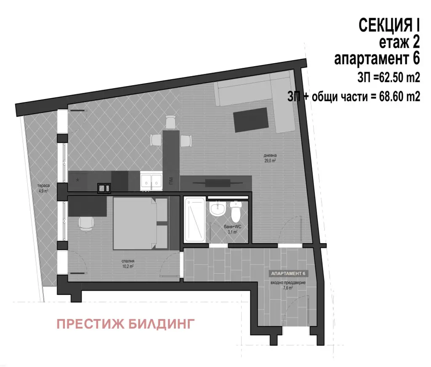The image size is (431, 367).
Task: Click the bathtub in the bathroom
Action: (195, 220)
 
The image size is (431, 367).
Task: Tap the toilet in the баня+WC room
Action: (236, 212)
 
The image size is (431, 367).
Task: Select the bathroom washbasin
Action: (218, 209)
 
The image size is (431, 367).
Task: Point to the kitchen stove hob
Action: (104, 188)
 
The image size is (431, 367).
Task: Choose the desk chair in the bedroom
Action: (86, 224)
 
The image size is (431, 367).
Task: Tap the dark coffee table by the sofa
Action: (251, 120)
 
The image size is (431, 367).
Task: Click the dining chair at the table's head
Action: (171, 122)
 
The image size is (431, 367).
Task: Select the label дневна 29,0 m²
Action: (270, 158)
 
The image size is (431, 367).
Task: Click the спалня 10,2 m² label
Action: (128, 264)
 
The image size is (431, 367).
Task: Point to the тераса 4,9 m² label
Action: (43, 188)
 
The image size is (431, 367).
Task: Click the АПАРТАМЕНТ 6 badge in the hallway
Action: (288, 273)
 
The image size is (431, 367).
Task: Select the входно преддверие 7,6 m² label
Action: (288, 285)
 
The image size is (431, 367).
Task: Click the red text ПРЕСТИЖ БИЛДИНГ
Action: (125, 324)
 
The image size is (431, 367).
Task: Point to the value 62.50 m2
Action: (399, 78)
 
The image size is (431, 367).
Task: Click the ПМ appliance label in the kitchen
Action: (171, 181)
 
